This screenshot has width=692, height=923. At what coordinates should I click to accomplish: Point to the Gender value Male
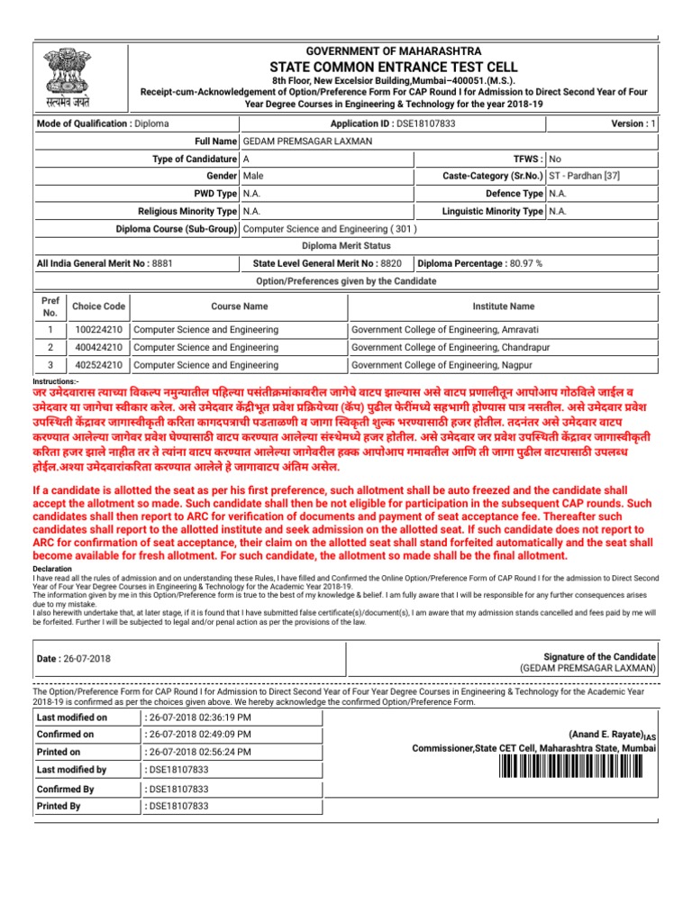click(x=254, y=176)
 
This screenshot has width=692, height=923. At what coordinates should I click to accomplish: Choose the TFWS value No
click(x=555, y=159)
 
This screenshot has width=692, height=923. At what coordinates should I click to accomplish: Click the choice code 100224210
click(x=99, y=330)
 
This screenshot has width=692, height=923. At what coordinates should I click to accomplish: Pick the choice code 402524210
click(x=99, y=365)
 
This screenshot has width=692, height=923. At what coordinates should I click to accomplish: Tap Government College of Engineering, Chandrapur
click(x=443, y=347)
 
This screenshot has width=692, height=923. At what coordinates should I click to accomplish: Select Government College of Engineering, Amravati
click(x=440, y=330)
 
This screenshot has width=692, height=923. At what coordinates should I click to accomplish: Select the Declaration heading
click(x=53, y=570)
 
